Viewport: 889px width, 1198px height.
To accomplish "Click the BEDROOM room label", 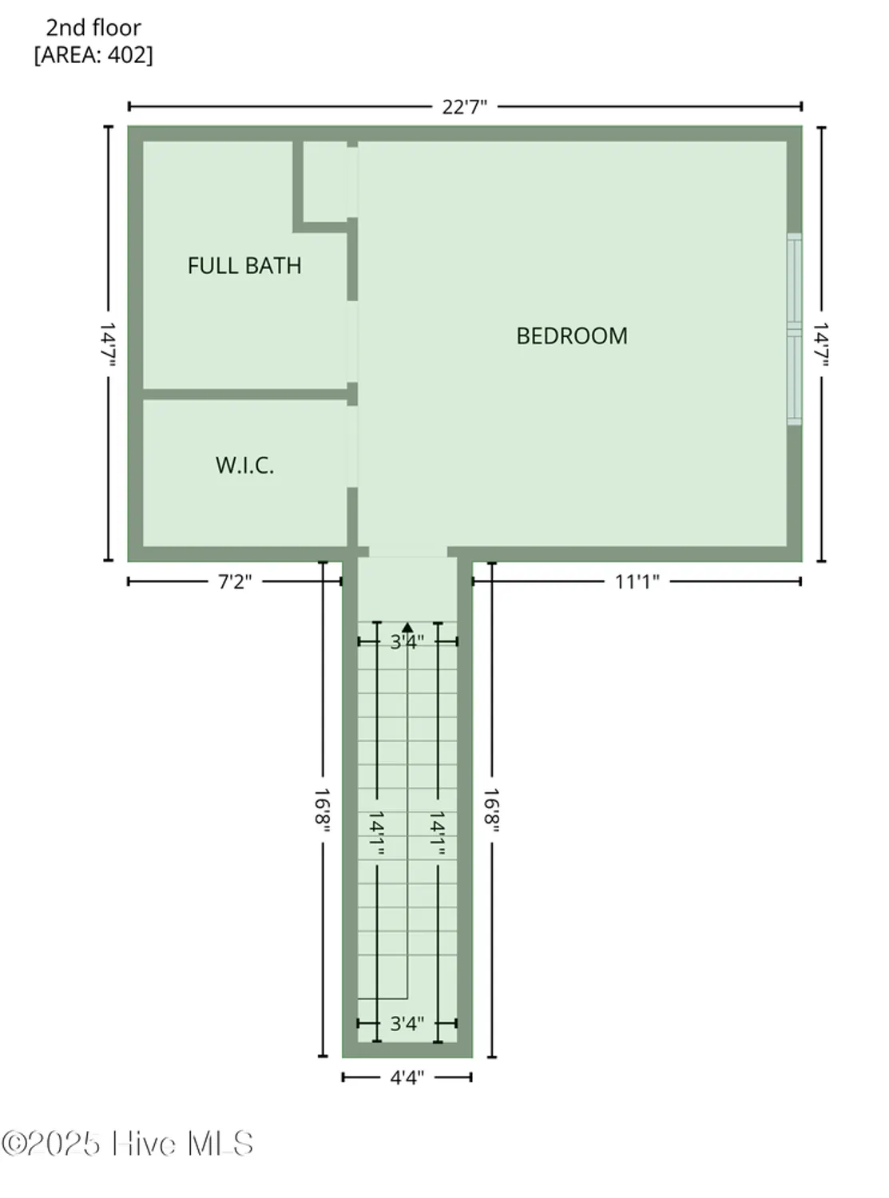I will click(572, 335).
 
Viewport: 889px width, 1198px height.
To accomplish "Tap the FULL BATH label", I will click(244, 266).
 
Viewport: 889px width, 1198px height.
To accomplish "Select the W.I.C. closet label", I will click(244, 466).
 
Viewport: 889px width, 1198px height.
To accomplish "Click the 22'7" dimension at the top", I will click(464, 107).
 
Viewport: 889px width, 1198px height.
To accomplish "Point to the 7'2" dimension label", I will click(234, 581).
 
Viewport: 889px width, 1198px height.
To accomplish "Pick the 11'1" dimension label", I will click(637, 581).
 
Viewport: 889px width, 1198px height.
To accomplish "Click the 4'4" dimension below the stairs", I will click(407, 1077).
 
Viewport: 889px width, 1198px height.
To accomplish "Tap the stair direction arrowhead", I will click(407, 628).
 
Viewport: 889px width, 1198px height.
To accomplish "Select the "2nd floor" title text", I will click(93, 28).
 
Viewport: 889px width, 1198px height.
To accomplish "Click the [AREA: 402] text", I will click(93, 55).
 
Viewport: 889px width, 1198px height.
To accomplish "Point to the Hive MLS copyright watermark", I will click(128, 1144).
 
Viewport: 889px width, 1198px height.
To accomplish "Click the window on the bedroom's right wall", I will click(794, 328).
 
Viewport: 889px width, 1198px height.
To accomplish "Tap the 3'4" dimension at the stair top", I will click(407, 641).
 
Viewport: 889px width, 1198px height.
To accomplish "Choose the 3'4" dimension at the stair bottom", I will click(407, 1023).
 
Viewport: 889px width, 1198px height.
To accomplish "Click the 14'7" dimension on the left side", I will click(109, 344).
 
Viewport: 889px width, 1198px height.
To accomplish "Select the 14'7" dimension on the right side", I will click(821, 344).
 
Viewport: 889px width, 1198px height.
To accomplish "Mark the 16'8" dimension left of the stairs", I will click(323, 811).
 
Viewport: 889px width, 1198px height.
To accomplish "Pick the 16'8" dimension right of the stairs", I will click(492, 811).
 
